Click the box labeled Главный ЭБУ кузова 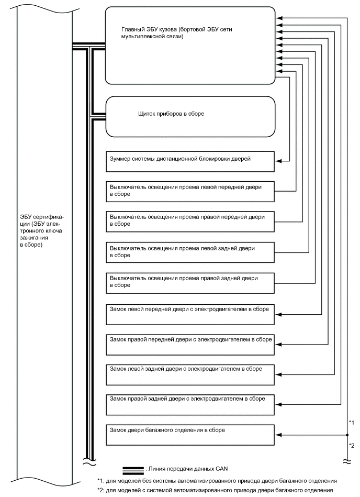point(190,45)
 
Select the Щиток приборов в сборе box point(190,116)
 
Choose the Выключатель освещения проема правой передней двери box point(190,220)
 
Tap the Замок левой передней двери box point(190,313)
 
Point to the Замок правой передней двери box point(190,344)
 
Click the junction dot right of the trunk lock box point(347,434)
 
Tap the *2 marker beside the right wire point(352,445)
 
